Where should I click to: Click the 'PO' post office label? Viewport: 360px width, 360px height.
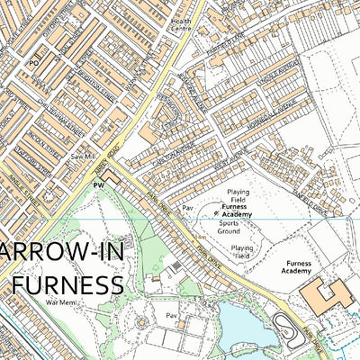(x=33, y=64)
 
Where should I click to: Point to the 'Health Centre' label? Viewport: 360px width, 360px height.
(x=181, y=23)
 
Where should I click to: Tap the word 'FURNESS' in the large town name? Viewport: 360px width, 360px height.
(x=67, y=285)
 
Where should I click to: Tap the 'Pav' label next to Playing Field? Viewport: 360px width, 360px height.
(x=187, y=207)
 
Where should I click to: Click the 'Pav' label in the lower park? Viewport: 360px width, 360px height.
(x=170, y=315)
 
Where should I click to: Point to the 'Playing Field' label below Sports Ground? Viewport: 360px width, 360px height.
(x=242, y=251)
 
